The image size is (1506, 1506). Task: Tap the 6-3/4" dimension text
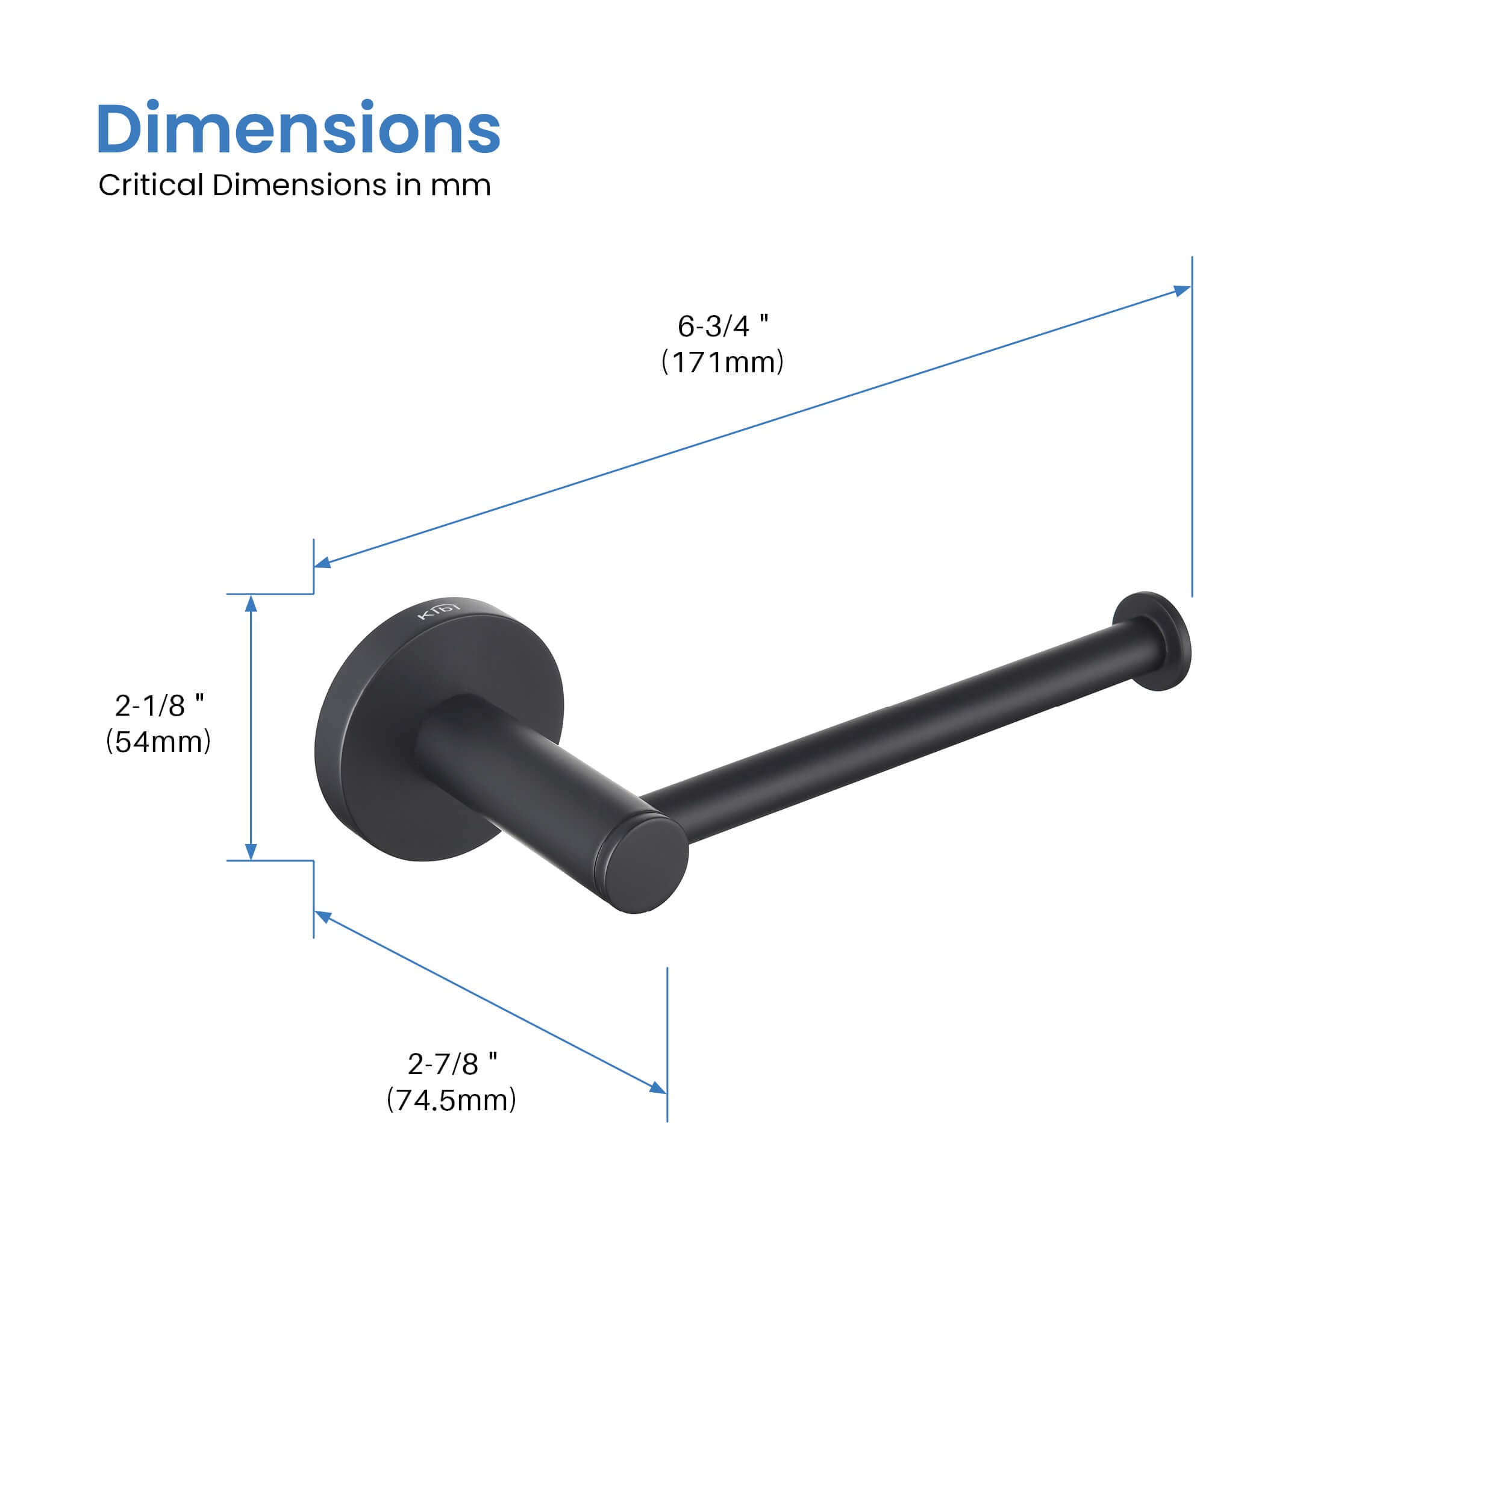723,326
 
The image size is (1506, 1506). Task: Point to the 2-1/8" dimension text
159,705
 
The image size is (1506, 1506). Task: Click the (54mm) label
158,742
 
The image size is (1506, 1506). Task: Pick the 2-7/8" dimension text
452,1063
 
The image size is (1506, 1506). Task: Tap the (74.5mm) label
451,1100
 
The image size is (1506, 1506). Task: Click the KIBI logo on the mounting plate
439,609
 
